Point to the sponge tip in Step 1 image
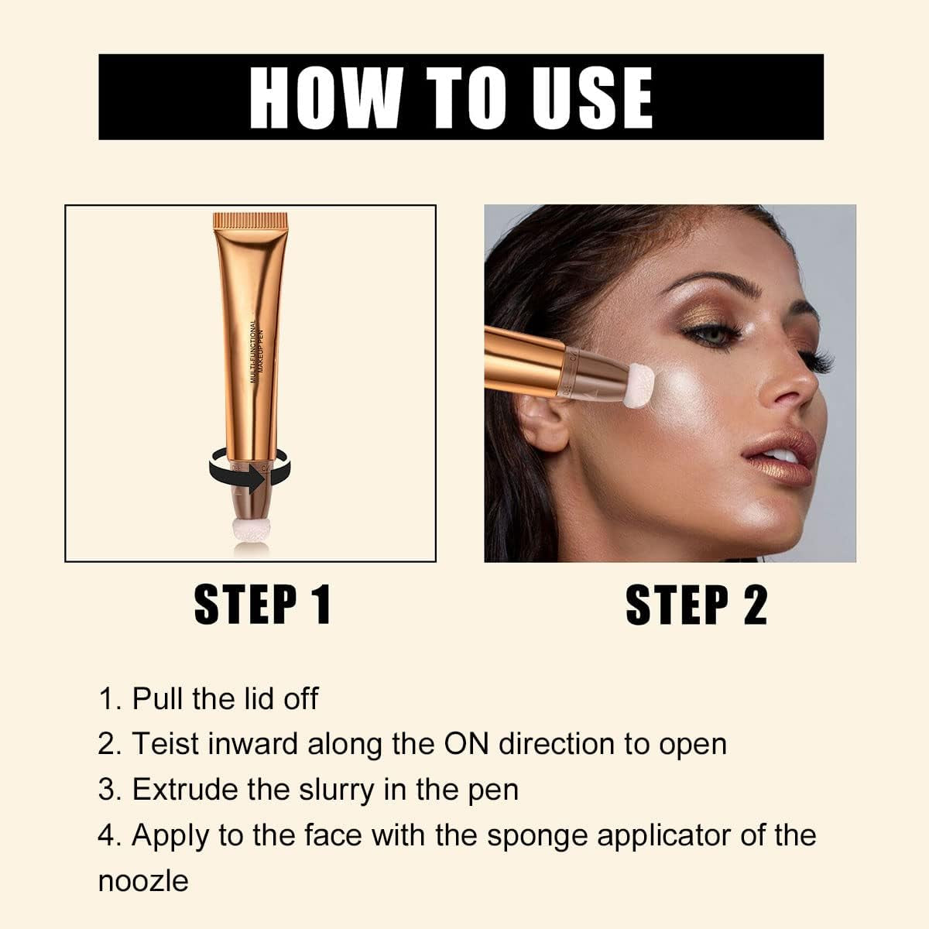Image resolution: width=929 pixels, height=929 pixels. pyautogui.click(x=250, y=534)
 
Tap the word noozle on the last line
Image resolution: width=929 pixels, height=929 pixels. pyautogui.click(x=143, y=881)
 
